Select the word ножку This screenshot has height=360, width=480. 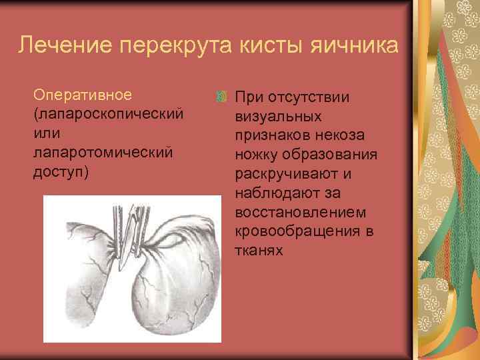(x=257, y=155)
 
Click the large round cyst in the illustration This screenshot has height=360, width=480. (x=177, y=287)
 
